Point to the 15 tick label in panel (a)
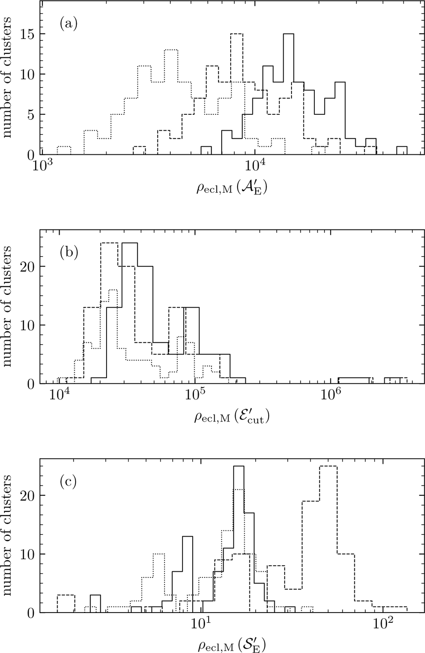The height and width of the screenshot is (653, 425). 28,34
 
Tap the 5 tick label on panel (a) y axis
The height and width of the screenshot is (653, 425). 32,115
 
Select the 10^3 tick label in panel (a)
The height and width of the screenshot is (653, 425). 42,165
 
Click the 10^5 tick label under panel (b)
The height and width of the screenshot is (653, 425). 194,394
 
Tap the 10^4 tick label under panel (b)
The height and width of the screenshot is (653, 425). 58,394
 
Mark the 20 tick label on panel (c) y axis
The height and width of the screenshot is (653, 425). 28,495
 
